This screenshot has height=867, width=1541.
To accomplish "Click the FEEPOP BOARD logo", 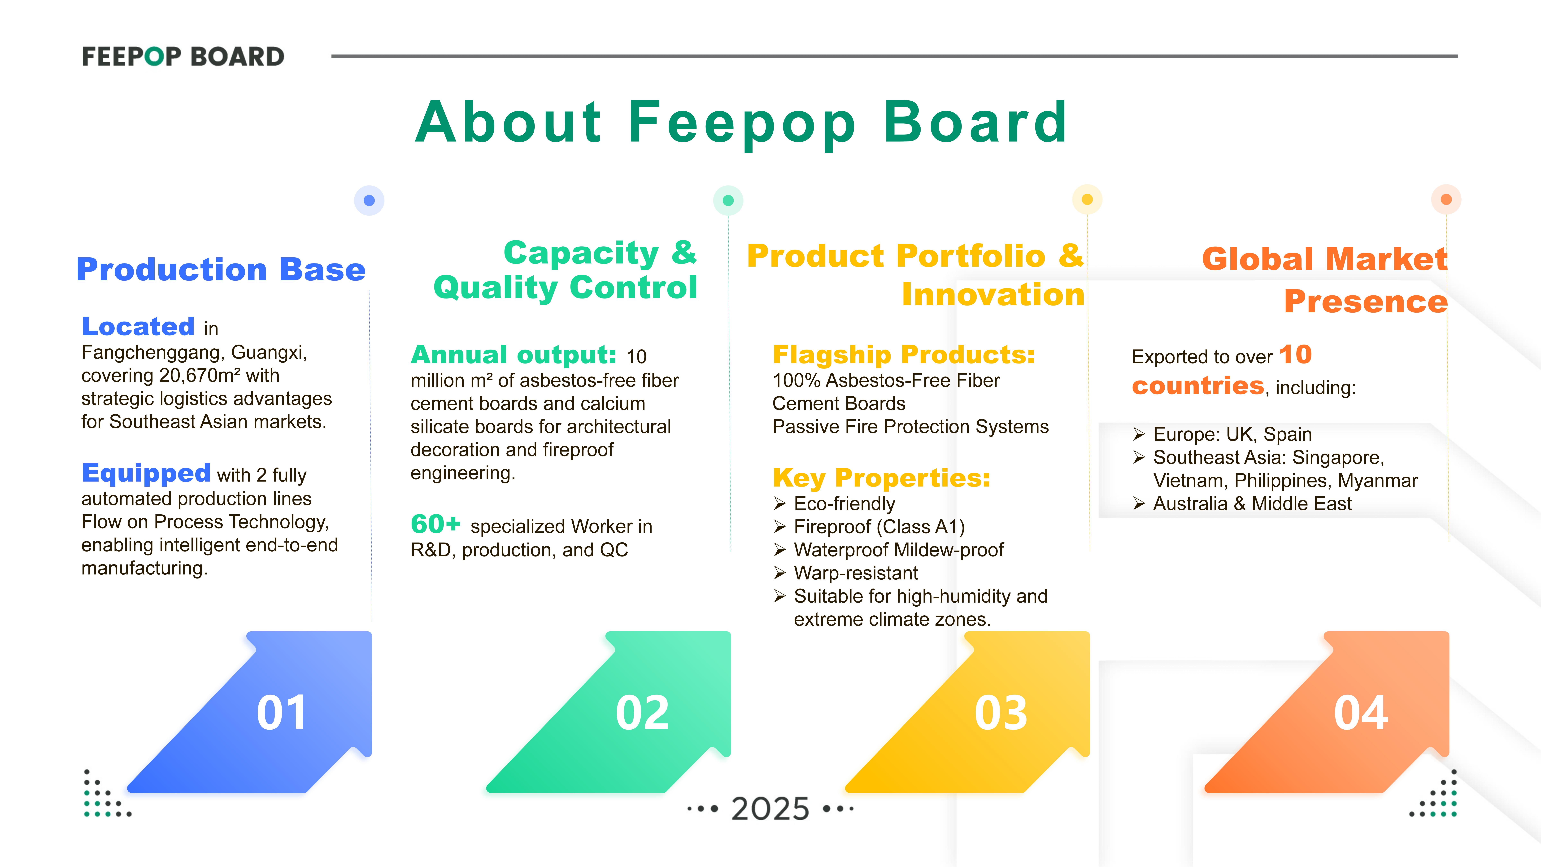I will click(x=183, y=57).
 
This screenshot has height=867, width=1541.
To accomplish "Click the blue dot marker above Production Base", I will click(x=369, y=200).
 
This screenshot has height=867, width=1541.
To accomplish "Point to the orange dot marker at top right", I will click(x=1446, y=199).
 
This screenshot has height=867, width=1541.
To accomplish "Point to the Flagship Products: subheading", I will click(x=903, y=355).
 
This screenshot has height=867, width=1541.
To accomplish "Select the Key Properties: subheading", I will click(x=881, y=478).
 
